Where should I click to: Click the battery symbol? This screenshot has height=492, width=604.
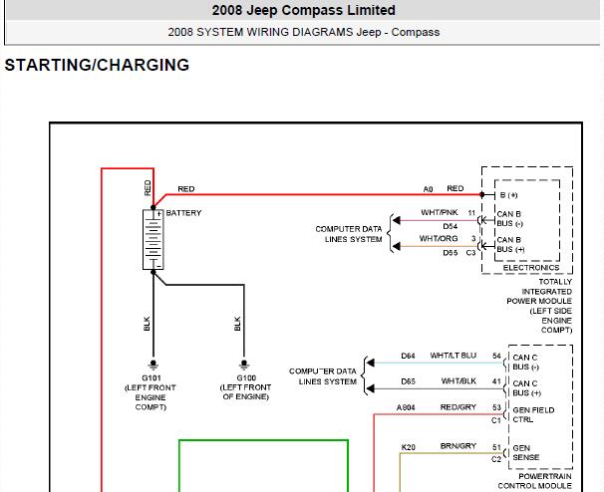153,239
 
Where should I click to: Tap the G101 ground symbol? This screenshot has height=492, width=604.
153,364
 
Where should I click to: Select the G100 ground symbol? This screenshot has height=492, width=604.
244,364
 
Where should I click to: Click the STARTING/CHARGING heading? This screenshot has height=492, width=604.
97,65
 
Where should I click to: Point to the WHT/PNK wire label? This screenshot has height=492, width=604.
440,212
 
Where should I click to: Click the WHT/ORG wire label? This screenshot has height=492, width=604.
439,239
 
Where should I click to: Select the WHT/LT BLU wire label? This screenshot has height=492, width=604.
453,356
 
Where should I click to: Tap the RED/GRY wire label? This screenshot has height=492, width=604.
458,407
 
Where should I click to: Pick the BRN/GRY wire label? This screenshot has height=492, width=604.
458,446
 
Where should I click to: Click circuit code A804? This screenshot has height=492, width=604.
406,407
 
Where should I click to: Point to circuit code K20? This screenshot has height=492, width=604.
409,447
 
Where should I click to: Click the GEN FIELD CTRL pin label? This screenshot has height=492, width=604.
533,414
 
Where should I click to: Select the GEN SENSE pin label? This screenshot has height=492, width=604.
526,453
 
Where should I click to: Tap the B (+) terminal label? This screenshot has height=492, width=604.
508,195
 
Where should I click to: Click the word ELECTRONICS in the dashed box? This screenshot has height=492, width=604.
531,268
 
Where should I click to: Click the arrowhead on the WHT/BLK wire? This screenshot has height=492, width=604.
370,388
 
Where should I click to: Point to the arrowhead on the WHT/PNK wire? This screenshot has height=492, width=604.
396,220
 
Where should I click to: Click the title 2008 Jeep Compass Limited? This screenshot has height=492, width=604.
304,10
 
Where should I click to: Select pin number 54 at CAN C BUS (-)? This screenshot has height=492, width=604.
496,356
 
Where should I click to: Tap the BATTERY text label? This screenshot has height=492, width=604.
183,213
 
